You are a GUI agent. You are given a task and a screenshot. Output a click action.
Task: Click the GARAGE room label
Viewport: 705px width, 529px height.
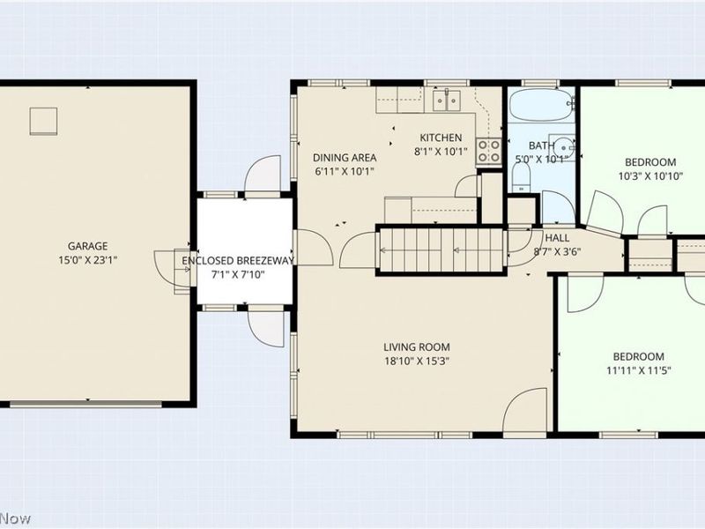pyautogui.click(x=87, y=246)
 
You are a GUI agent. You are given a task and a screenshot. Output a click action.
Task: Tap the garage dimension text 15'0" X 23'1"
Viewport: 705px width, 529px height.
pyautogui.click(x=87, y=260)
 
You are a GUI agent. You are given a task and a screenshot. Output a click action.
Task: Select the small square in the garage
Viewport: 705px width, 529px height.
pyautogui.click(x=43, y=122)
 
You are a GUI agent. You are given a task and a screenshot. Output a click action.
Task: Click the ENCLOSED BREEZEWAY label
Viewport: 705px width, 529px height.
pyautogui.click(x=238, y=260)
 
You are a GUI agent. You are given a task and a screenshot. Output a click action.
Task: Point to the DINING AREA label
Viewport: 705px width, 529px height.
pyautogui.click(x=345, y=158)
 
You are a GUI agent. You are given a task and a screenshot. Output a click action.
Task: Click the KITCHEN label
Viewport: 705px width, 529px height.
pyautogui.click(x=441, y=138)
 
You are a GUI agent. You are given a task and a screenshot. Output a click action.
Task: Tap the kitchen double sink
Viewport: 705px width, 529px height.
pyautogui.click(x=447, y=100)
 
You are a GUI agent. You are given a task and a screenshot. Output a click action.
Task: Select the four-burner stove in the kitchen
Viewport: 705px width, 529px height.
pyautogui.click(x=489, y=151)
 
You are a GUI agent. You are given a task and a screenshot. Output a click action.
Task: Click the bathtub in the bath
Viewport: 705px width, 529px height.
pyautogui.click(x=541, y=104)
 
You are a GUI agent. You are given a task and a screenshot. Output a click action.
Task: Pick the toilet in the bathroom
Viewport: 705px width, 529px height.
pyautogui.click(x=522, y=177)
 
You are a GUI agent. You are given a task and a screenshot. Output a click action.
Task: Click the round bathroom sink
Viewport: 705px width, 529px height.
pyautogui.click(x=563, y=147)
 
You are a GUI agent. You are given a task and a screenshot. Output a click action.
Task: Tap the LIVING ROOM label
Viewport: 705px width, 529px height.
pyautogui.click(x=417, y=347)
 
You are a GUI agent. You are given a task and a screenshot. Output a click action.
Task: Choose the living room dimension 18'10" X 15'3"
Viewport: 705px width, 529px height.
pyautogui.click(x=417, y=361)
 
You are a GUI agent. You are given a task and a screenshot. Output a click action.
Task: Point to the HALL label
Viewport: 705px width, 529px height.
pyautogui.click(x=557, y=238)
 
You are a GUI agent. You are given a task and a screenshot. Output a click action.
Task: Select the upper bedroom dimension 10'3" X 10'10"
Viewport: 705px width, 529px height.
pyautogui.click(x=650, y=175)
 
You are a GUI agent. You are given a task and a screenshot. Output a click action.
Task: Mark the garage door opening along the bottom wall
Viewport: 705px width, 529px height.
pyautogui.click(x=85, y=405)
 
